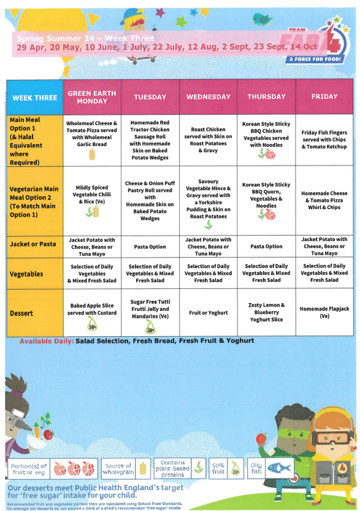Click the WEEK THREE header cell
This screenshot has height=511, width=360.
tap(34, 97)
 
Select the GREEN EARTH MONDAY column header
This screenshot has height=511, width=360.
tap(92, 97)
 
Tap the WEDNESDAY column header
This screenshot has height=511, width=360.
tap(208, 97)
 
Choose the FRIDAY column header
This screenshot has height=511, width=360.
tap(324, 97)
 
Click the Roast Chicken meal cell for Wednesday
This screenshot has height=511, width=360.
tap(208, 140)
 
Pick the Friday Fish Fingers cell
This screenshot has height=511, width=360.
tap(324, 140)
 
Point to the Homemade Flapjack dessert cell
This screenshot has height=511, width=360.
tap(324, 312)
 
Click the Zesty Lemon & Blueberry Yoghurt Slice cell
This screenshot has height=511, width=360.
tap(266, 312)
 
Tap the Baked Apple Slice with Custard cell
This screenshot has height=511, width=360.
tap(92, 313)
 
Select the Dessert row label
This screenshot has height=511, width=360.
tap(25, 313)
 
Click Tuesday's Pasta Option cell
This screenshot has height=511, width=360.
tap(150, 247)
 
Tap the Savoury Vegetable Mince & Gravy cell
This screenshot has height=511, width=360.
tap(208, 199)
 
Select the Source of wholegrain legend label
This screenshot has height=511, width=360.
tap(118, 469)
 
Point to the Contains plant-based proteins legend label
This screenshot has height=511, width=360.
tap(172, 469)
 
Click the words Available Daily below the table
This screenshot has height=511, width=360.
tap(47, 340)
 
